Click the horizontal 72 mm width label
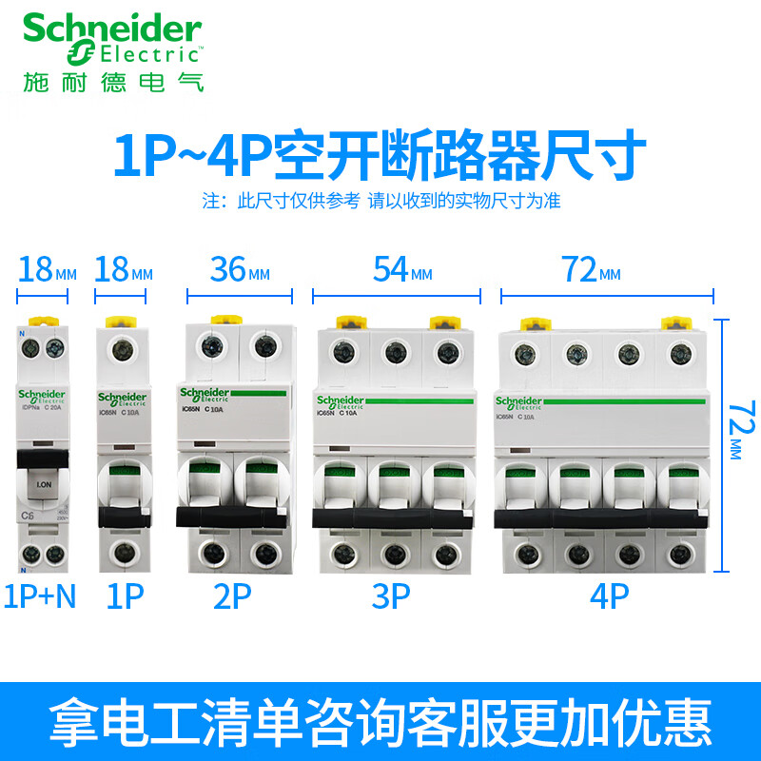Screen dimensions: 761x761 pos(590,273)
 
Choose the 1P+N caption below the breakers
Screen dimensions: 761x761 pos(40,596)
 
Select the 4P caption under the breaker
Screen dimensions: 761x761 pos(609,596)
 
